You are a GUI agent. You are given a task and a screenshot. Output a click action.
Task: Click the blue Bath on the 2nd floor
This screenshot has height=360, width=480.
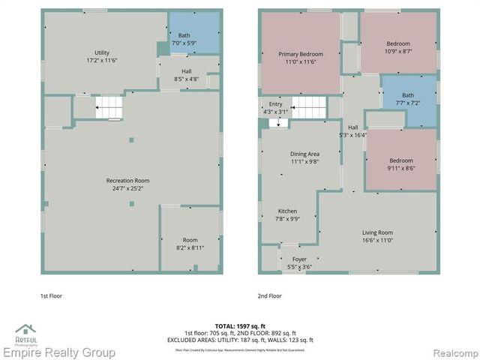(x=407, y=98)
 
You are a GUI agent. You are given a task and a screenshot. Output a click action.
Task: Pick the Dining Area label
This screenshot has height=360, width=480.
(x=305, y=157)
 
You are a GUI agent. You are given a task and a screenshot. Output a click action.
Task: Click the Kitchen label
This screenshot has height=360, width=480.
(x=288, y=215)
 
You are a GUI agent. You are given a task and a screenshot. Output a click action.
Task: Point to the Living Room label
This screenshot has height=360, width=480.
(x=377, y=236)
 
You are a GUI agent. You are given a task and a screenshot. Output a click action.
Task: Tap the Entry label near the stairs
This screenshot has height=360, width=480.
(x=275, y=108)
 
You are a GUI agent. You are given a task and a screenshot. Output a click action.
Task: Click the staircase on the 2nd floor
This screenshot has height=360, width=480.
(x=307, y=107)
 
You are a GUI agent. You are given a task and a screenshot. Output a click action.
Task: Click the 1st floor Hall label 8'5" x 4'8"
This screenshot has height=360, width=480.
(x=186, y=75)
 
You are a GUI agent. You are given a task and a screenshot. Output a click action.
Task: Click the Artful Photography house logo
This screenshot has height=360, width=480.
(x=26, y=331)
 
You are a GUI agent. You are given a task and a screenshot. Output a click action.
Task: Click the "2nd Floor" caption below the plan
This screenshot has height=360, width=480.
(x=269, y=295)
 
